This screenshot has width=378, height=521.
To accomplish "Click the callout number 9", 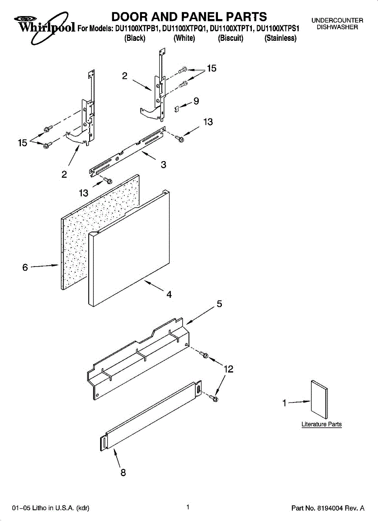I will pos(196,101).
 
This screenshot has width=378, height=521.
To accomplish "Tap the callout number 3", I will pos(163,165).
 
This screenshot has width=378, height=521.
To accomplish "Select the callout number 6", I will pos(25,267).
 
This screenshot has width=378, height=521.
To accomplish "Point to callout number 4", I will pos(169,294).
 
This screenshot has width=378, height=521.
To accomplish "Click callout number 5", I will pos(220,304).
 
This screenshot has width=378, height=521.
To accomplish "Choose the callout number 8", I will pos(123,473).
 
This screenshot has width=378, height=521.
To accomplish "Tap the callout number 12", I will pos(228,369).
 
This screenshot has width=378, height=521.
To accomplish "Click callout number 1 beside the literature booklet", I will pos(284,403).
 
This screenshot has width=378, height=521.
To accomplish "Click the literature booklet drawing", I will pos(319,399).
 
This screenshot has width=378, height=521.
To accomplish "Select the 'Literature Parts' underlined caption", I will pos(321,424).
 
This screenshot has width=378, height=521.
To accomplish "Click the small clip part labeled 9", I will pos(177,107).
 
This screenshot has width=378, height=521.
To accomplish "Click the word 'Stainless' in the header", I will pos(281,38).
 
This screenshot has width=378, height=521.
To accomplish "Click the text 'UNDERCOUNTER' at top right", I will pos(337,20).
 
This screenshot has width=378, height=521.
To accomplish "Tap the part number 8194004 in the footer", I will pos(332,508).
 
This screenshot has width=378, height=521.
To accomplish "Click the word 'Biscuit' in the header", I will pos(231,38).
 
